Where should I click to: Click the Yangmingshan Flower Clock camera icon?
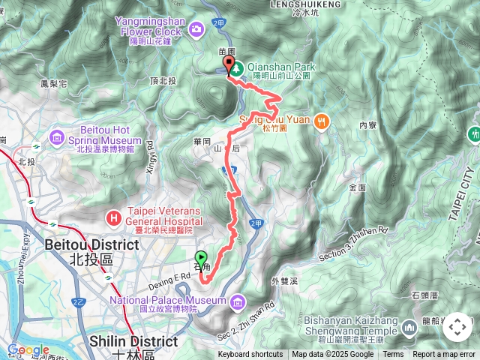point(196,28)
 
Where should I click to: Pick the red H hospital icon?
point(114,217)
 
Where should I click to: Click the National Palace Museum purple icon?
point(238,301)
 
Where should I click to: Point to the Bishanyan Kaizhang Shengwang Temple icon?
point(409,327)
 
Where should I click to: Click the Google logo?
point(28,349)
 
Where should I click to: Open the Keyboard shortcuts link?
point(250,355)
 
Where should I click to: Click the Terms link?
point(393,355)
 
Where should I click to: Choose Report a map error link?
point(445,355)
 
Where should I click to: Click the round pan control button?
point(457,327)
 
